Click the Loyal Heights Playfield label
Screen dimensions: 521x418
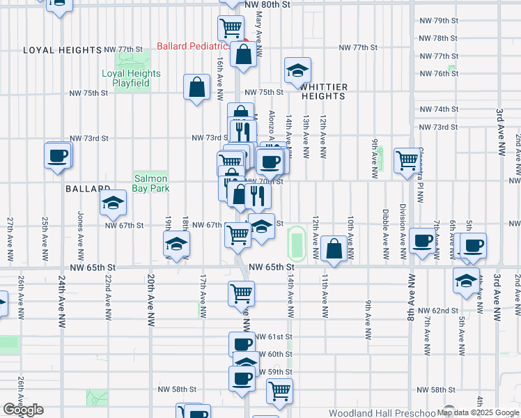[131, 78]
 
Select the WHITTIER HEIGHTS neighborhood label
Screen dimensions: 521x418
[324, 91]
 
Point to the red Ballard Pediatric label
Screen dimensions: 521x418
[193, 46]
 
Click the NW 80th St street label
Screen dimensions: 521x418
[267, 4]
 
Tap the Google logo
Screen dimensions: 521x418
[23, 410]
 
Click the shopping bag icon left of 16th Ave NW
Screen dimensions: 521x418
[197, 88]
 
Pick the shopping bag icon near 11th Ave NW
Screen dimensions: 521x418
[334, 249]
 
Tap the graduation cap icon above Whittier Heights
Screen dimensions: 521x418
[297, 70]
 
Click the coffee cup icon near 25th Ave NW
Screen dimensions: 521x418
[59, 155]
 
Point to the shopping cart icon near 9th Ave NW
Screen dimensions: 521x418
[407, 160]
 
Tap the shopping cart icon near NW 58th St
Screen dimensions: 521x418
[279, 392]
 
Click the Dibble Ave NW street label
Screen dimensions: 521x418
[385, 227]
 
